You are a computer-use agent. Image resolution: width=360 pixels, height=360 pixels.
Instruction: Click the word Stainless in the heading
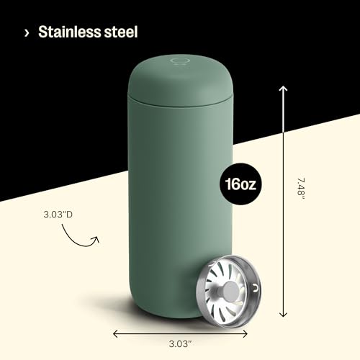coord(70,32)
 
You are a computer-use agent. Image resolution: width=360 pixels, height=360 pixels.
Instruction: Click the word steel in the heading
coord(121,32)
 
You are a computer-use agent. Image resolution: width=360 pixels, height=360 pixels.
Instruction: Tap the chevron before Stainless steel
coord(27,33)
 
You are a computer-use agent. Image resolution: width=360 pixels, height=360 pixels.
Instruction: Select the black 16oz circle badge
coord(240,184)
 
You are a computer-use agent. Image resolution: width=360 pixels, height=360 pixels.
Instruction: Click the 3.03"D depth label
coord(58,215)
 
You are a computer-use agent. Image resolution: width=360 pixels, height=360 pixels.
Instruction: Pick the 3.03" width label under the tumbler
coord(180,343)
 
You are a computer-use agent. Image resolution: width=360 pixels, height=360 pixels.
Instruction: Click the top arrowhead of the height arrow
coord(283,89)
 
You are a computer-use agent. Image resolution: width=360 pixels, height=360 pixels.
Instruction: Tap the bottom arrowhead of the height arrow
coord(284,314)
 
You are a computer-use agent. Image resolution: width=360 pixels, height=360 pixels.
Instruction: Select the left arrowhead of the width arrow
coord(116,333)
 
